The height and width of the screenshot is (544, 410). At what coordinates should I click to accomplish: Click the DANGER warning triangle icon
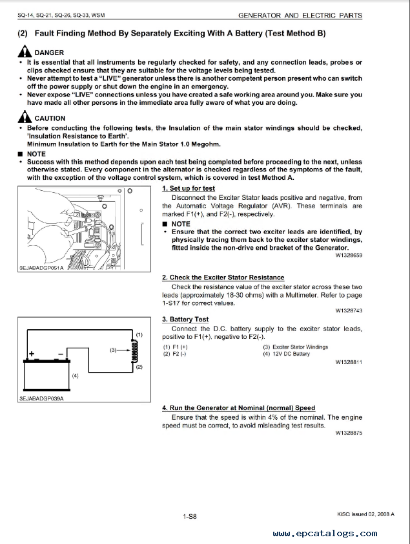pos(25,51)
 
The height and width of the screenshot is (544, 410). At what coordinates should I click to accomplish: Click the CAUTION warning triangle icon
pos(25,117)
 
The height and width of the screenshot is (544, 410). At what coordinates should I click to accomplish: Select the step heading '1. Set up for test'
pos(188,188)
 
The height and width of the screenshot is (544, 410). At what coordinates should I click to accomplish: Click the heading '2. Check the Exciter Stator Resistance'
pos(223,277)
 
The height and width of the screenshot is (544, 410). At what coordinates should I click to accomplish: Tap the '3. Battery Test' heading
pos(185,319)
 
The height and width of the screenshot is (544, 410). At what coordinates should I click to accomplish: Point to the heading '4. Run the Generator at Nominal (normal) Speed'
pos(238,408)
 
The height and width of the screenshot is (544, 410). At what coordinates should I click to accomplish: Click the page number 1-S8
pos(190,516)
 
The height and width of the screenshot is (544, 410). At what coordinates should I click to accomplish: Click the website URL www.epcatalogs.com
pos(325,534)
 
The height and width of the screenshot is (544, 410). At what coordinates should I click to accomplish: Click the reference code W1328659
pos(349,256)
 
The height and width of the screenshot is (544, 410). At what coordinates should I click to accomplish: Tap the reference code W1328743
pos(349,310)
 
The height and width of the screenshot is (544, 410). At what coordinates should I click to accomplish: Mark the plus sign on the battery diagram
pos(31,354)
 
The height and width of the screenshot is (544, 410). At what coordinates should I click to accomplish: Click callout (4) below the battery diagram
pos(76,376)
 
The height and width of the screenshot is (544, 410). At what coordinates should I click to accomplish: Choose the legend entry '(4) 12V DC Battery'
pos(286,354)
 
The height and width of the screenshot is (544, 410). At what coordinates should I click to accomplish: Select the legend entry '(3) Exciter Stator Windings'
pos(295,347)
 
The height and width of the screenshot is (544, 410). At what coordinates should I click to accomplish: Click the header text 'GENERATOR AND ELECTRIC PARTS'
pos(300,16)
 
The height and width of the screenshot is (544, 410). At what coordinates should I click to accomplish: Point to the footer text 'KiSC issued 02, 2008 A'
pos(365,513)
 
